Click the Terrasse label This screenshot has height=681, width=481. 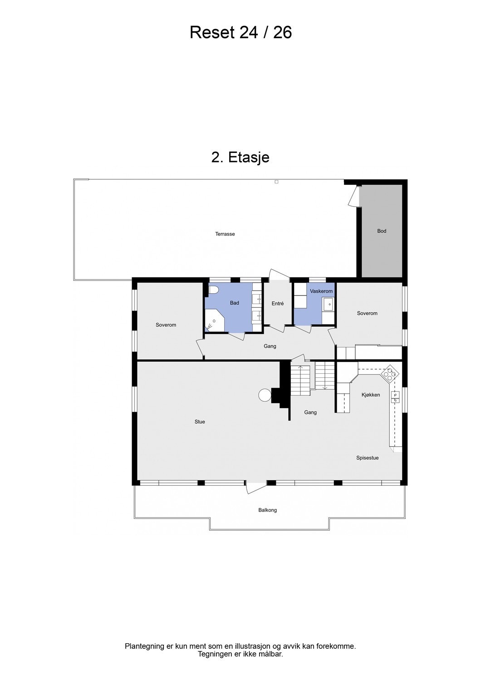coord(225,234)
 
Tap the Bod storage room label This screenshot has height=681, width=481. coord(382,231)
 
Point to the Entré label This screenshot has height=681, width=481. coord(278,303)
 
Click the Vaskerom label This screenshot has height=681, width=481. coord(321,291)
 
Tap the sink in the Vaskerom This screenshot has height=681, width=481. coord(328,304)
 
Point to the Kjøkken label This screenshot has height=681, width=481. coord(371,395)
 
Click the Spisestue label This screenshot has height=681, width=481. coord(367,458)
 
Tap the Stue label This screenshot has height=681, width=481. coord(200,422)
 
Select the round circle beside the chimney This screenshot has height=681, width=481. coord(264,395)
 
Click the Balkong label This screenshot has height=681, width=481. coord(267,510)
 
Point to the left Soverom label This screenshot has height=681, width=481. coord(166,325)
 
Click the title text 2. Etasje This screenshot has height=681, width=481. coord(240,157)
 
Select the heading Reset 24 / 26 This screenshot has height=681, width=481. coord(240,33)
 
